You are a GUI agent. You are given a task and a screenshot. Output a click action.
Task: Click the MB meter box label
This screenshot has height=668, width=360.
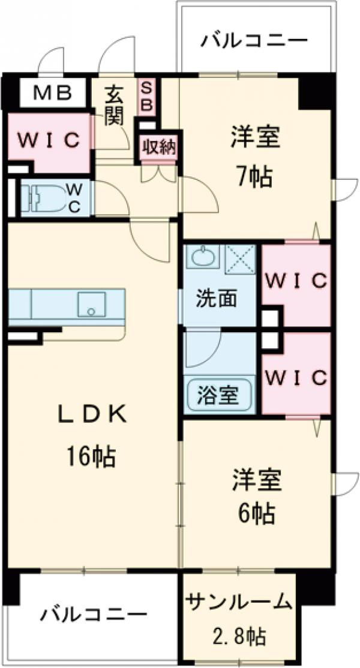tap(52, 92)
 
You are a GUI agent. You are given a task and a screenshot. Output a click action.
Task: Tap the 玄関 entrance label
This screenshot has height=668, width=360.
tap(113, 106)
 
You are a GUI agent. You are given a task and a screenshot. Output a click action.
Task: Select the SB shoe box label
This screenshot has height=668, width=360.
tap(147, 96)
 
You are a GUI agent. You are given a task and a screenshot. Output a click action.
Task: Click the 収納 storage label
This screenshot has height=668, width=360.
tap(159, 147)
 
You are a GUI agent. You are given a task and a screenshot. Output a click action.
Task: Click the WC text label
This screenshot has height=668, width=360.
tap(75, 198)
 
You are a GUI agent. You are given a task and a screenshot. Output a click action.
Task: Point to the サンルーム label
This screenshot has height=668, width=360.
tap(239, 601)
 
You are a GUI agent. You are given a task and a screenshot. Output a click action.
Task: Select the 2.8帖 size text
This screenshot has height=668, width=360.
tap(239, 635)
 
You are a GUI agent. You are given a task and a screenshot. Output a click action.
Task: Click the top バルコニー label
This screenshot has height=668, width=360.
tap(254, 41)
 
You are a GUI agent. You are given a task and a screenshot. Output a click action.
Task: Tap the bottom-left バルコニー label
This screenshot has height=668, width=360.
tap(94, 615)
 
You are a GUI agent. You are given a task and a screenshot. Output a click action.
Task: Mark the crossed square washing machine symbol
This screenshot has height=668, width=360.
tap(240, 259)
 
